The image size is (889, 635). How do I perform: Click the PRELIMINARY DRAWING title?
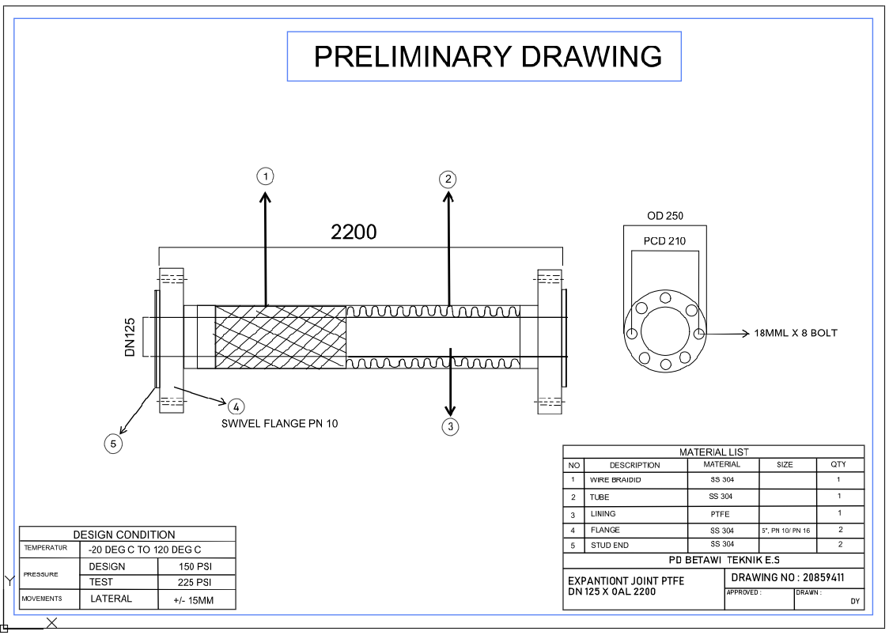(x=487, y=56)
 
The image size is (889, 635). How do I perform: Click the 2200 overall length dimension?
(x=354, y=232)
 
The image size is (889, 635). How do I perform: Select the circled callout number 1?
(x=267, y=176)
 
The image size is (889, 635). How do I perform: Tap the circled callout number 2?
(x=448, y=179)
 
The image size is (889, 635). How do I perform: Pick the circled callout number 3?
(x=450, y=427)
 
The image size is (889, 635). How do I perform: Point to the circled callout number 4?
(x=235, y=406)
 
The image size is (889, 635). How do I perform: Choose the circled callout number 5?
(x=113, y=444)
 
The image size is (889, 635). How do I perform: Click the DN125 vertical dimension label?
(x=131, y=338)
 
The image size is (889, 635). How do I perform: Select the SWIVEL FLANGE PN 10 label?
(x=279, y=424)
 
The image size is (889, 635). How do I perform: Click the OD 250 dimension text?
(x=664, y=216)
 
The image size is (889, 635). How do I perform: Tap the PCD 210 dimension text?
(x=664, y=241)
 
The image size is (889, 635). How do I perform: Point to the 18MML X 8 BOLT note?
(x=796, y=333)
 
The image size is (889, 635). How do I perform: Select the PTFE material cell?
(x=721, y=514)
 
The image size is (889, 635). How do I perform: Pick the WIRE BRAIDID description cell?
(x=615, y=480)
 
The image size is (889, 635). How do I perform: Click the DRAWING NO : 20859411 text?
(x=787, y=578)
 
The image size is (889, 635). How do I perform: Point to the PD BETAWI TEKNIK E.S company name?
(x=713, y=561)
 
